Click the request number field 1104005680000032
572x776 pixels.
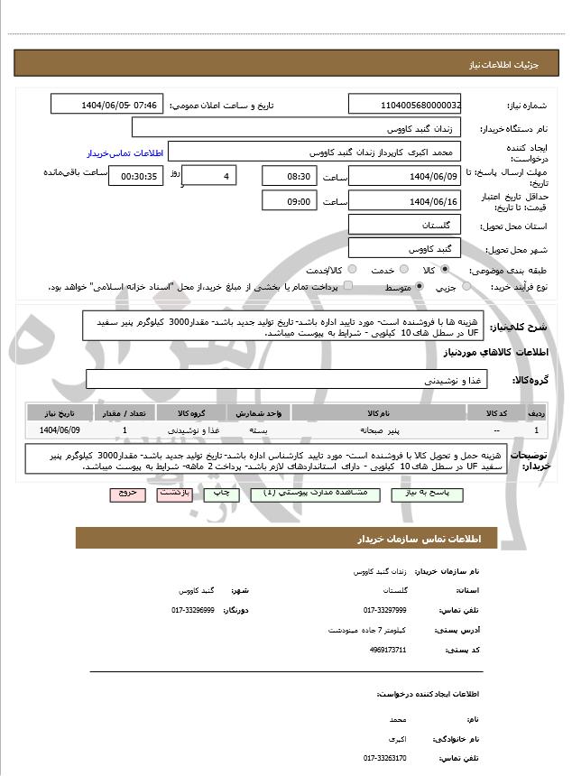pos(405,106)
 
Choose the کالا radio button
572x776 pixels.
pos(445,270)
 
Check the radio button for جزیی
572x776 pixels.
pos(466,287)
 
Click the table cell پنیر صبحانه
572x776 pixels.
pos(378,431)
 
